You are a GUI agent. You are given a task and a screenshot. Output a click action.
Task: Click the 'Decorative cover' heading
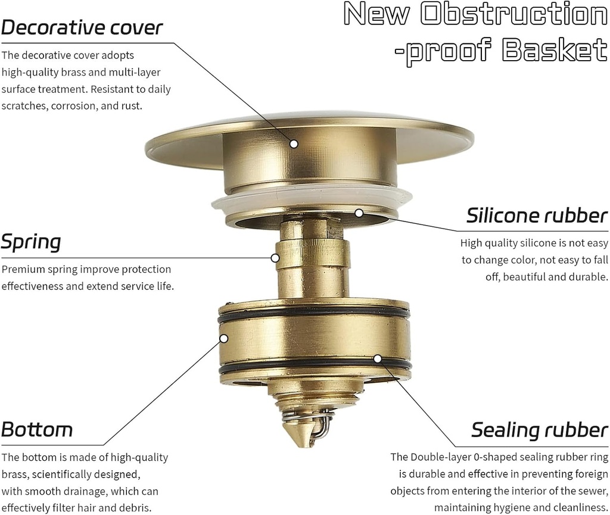[82, 28]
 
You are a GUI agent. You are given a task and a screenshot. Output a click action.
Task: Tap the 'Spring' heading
[31, 243]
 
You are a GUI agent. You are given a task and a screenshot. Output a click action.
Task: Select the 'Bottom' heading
[37, 429]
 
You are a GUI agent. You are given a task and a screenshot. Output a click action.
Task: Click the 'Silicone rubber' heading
[537, 215]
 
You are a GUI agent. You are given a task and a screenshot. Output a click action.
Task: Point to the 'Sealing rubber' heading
[540, 429]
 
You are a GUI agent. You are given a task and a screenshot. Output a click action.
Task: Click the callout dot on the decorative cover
[294, 143]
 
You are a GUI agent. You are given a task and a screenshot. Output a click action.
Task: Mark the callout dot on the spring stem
[275, 258]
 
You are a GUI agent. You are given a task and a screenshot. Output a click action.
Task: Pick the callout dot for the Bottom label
[224, 338]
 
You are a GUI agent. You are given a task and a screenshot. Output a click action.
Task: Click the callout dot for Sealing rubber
[377, 358]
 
